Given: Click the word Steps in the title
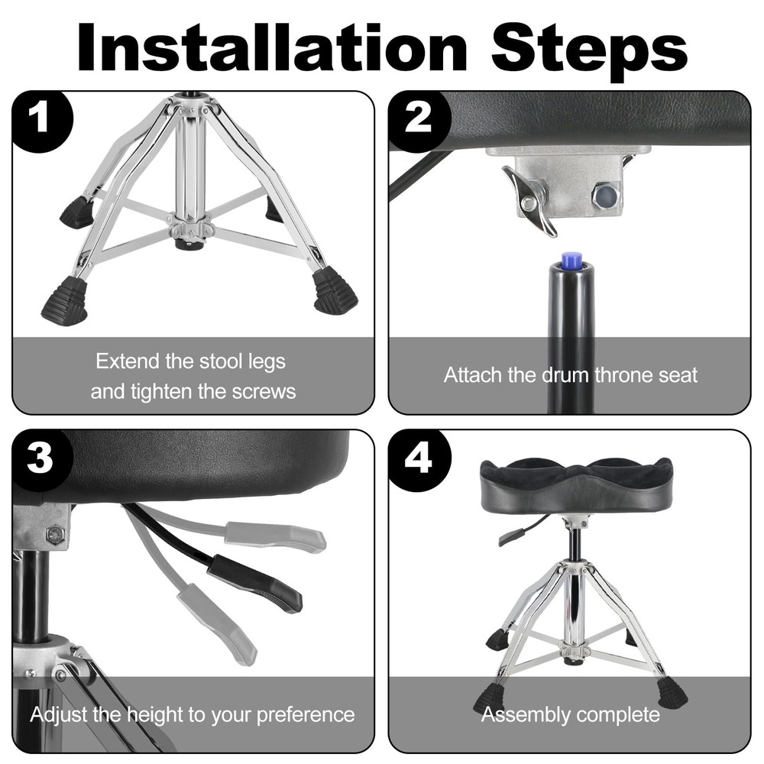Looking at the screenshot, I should [589, 47].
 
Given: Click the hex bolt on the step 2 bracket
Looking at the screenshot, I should [605, 195].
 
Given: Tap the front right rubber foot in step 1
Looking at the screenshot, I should [333, 291].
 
